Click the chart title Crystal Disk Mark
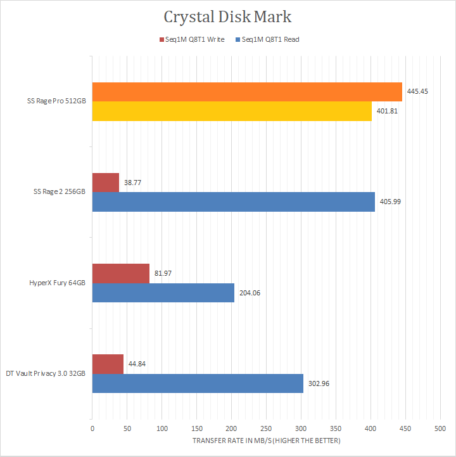tap(228, 16)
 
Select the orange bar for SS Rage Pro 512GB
tap(247, 92)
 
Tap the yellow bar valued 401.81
tap(232, 111)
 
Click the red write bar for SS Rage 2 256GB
tap(106, 183)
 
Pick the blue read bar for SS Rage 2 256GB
tap(234, 202)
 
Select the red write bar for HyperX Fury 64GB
tap(121, 273)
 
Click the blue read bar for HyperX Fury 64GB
tap(163, 292)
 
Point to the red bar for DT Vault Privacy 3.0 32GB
tap(108, 364)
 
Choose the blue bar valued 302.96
tap(198, 383)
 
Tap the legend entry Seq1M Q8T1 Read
tap(267, 39)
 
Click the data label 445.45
tap(417, 92)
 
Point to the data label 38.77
tap(132, 183)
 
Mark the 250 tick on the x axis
tap(266, 429)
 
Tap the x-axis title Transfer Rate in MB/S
tap(266, 441)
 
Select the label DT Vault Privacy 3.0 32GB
tap(46, 373)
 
